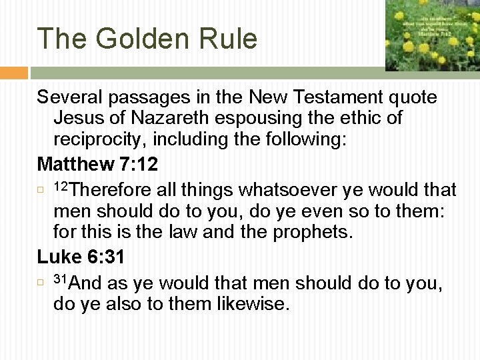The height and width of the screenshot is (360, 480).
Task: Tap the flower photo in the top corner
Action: [432, 35]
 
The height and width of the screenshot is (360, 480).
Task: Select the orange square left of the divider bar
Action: [14, 73]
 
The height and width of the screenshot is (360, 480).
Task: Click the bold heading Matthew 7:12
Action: [97, 163]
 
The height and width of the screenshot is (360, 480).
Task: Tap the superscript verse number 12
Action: [61, 185]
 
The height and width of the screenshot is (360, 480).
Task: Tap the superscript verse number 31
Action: [61, 279]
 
